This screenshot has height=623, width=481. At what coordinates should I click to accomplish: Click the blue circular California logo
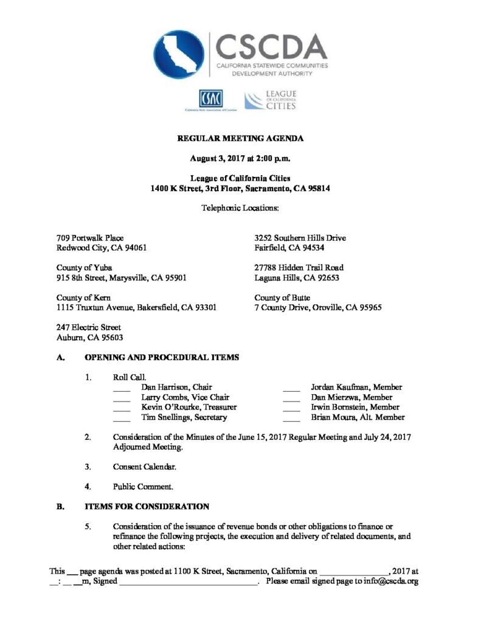(x=179, y=55)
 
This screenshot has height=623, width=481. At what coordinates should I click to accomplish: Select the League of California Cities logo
(x=270, y=100)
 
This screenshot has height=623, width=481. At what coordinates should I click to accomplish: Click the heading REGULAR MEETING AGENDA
(x=240, y=139)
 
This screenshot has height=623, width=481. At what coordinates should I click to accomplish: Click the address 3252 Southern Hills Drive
(x=300, y=238)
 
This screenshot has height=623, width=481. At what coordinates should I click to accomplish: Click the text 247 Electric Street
(x=89, y=327)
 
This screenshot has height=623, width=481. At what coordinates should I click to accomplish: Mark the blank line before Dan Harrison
(x=122, y=388)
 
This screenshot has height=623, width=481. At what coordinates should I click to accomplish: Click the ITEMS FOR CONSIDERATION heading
(x=148, y=506)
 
